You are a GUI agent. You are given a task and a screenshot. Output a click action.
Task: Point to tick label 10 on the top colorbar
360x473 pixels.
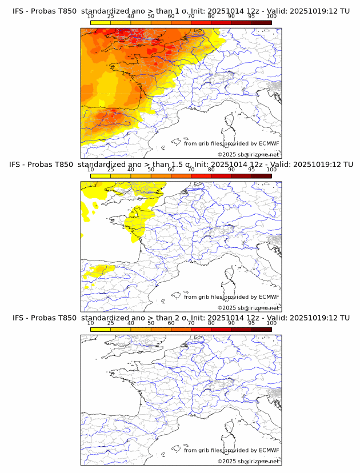[91, 16]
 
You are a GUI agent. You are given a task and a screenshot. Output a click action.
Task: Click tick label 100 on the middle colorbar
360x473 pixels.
[271, 170]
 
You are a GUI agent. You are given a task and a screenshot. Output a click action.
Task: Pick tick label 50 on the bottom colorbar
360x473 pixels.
[151, 323]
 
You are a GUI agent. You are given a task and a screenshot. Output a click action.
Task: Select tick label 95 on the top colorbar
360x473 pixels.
[251, 16]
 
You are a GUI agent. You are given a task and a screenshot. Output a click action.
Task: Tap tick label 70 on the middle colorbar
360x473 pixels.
[191, 170]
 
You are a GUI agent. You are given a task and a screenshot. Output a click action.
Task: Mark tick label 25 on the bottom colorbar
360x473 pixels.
[111, 323]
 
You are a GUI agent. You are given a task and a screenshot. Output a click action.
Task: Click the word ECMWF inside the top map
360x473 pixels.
[269, 143]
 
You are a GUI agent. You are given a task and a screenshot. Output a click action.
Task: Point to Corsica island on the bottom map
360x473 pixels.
[231, 427]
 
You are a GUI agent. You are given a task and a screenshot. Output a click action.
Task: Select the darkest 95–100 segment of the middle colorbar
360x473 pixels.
[262, 176]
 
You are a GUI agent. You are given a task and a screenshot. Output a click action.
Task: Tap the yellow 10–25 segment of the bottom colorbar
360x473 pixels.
[101, 329]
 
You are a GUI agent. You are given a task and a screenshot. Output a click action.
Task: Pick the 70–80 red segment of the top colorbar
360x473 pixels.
[201, 22]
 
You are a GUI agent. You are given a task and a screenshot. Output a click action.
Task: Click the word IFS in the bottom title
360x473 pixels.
[19, 318]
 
